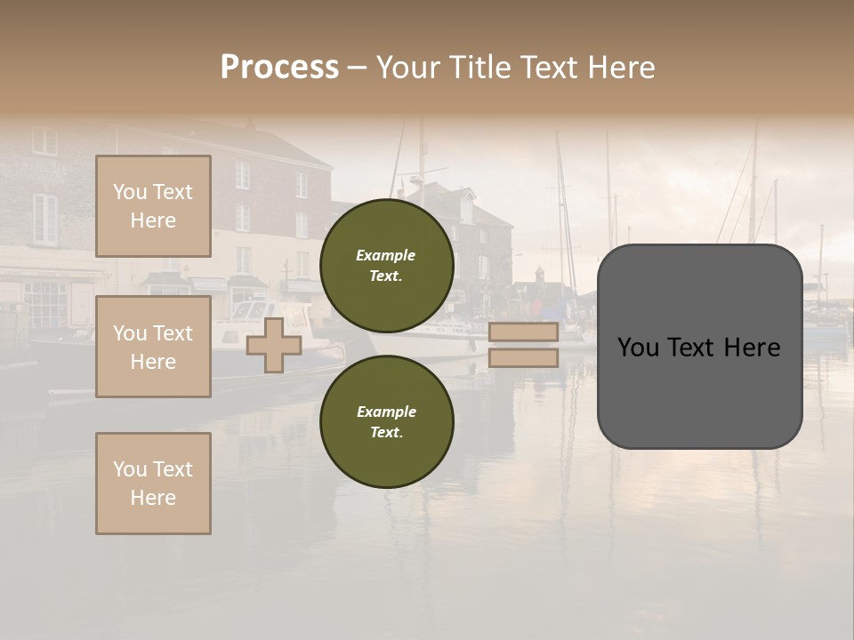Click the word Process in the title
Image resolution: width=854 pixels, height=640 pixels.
click(279, 68)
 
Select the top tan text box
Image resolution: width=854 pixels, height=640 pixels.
click(153, 206)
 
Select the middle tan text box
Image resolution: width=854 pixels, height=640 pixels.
click(153, 347)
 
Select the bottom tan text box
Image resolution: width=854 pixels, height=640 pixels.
click(153, 484)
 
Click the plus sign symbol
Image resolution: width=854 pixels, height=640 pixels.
click(274, 345)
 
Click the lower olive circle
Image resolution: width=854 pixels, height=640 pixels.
click(387, 421)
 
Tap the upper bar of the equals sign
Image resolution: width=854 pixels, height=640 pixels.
click(523, 332)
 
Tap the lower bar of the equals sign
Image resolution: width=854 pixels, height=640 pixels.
click(523, 358)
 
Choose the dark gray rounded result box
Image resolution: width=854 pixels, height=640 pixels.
click(700, 347)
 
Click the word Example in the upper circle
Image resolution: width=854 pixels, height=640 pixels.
click(386, 255)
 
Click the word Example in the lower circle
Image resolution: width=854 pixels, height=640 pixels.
click(386, 412)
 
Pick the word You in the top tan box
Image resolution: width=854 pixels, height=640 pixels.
click(130, 192)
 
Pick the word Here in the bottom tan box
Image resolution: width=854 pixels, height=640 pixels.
click(153, 498)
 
